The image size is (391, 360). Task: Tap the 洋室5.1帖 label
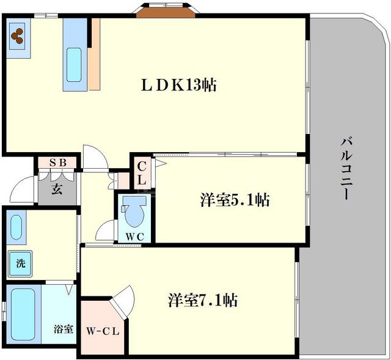(x=235, y=200)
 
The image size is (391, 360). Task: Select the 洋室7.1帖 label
(x=203, y=301)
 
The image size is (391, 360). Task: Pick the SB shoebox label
(x=57, y=163)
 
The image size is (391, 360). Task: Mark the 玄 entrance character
(x=56, y=188)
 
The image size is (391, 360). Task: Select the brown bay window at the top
(x=161, y=12)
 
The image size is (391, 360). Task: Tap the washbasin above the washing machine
(x=17, y=227)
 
